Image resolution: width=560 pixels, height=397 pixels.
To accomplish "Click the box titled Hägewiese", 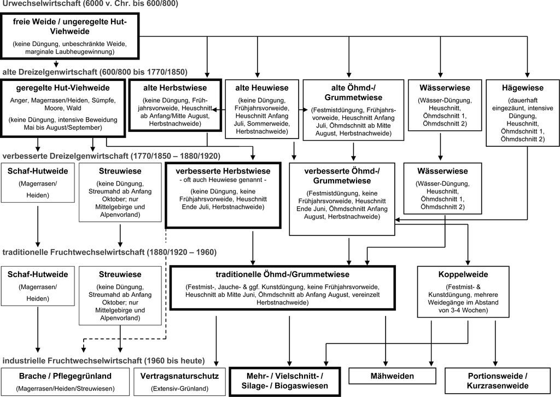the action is coord(522,113).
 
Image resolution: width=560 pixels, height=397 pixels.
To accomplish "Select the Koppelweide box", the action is coord(463,292).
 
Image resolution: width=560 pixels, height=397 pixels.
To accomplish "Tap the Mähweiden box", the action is coord(392,376).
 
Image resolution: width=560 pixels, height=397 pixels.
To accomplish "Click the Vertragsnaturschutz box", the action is coord(179,382).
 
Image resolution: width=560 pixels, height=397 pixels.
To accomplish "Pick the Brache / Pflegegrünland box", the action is coord(66,382).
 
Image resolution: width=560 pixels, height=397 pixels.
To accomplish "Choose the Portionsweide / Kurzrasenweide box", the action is coord(498,381).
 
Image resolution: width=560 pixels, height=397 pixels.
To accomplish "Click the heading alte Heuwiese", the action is coord(262,88).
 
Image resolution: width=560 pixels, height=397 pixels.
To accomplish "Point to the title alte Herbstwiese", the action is coord(175,88).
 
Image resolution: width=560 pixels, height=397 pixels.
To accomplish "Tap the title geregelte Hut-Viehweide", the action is coord(63,88).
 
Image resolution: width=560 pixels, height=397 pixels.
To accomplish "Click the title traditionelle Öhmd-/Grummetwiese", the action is coord(283,275).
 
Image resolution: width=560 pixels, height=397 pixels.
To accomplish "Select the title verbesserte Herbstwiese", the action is coord(223,171).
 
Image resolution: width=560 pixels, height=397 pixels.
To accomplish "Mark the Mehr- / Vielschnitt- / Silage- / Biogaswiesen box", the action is coord(284,382).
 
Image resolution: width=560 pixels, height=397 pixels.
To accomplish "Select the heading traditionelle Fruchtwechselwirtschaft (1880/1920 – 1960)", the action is coord(109,252).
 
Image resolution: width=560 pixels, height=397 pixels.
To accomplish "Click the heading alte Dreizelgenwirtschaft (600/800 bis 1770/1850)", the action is coord(95,72).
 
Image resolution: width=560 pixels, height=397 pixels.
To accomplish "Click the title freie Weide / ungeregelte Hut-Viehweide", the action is coord(70,26).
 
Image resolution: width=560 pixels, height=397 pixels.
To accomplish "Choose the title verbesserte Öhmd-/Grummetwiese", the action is coord(342,176).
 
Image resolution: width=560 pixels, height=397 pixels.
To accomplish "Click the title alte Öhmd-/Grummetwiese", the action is coord(353,93).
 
